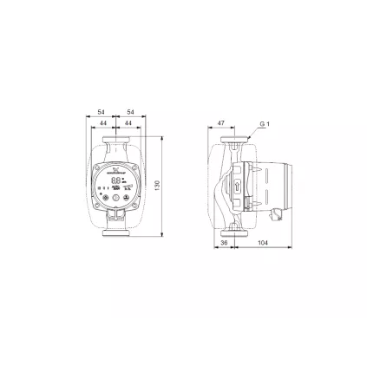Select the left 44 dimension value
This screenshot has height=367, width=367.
(104, 124)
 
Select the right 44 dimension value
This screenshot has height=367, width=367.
(128, 124)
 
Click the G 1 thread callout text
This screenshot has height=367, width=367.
(266, 125)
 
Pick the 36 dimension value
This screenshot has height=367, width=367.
(225, 244)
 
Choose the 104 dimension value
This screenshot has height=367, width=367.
(262, 244)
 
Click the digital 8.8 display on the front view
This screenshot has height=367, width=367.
(115, 181)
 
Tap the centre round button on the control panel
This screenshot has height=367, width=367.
(115, 199)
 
